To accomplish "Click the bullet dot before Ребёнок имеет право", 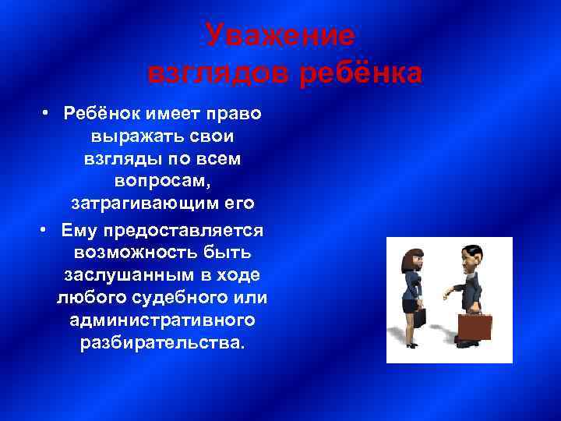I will point(48,114).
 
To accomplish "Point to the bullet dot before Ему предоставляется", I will point(48,232).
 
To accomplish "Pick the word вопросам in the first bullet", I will point(159,182).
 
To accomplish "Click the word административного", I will point(162,321).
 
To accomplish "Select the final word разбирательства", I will point(162,344).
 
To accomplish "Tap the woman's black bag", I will point(419,317).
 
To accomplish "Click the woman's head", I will point(412,260).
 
